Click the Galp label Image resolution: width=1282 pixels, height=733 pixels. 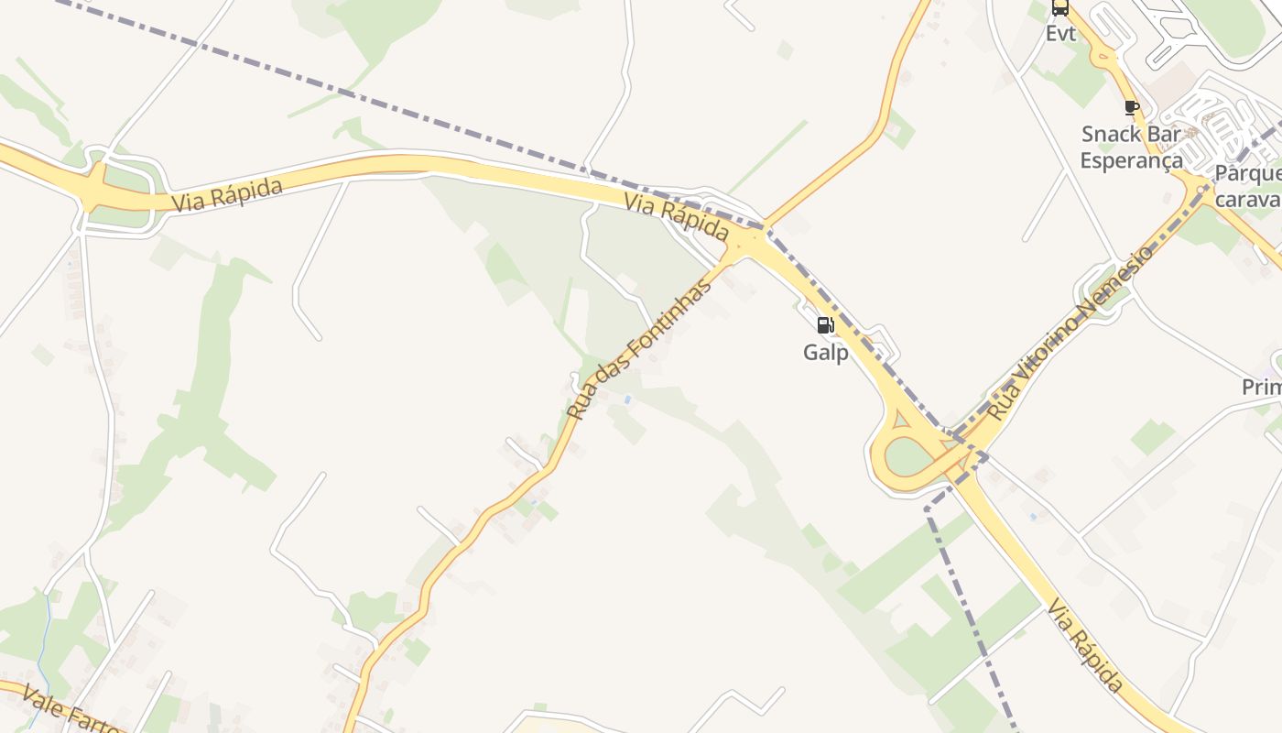(x=825, y=352)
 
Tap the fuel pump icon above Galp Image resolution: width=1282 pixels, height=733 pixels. (x=825, y=324)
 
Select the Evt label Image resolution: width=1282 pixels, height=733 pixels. (x=1060, y=34)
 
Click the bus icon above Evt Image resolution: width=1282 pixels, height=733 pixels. (x=1060, y=8)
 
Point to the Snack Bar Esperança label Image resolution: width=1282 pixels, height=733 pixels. (x=1131, y=147)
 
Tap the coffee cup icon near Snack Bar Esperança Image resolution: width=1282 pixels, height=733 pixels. (x=1132, y=107)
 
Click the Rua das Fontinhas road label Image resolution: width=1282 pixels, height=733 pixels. (x=638, y=349)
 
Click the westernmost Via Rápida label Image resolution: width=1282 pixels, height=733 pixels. (x=226, y=194)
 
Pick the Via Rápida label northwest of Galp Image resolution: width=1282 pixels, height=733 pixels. (x=677, y=218)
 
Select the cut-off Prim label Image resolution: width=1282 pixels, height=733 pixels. (x=1261, y=388)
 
